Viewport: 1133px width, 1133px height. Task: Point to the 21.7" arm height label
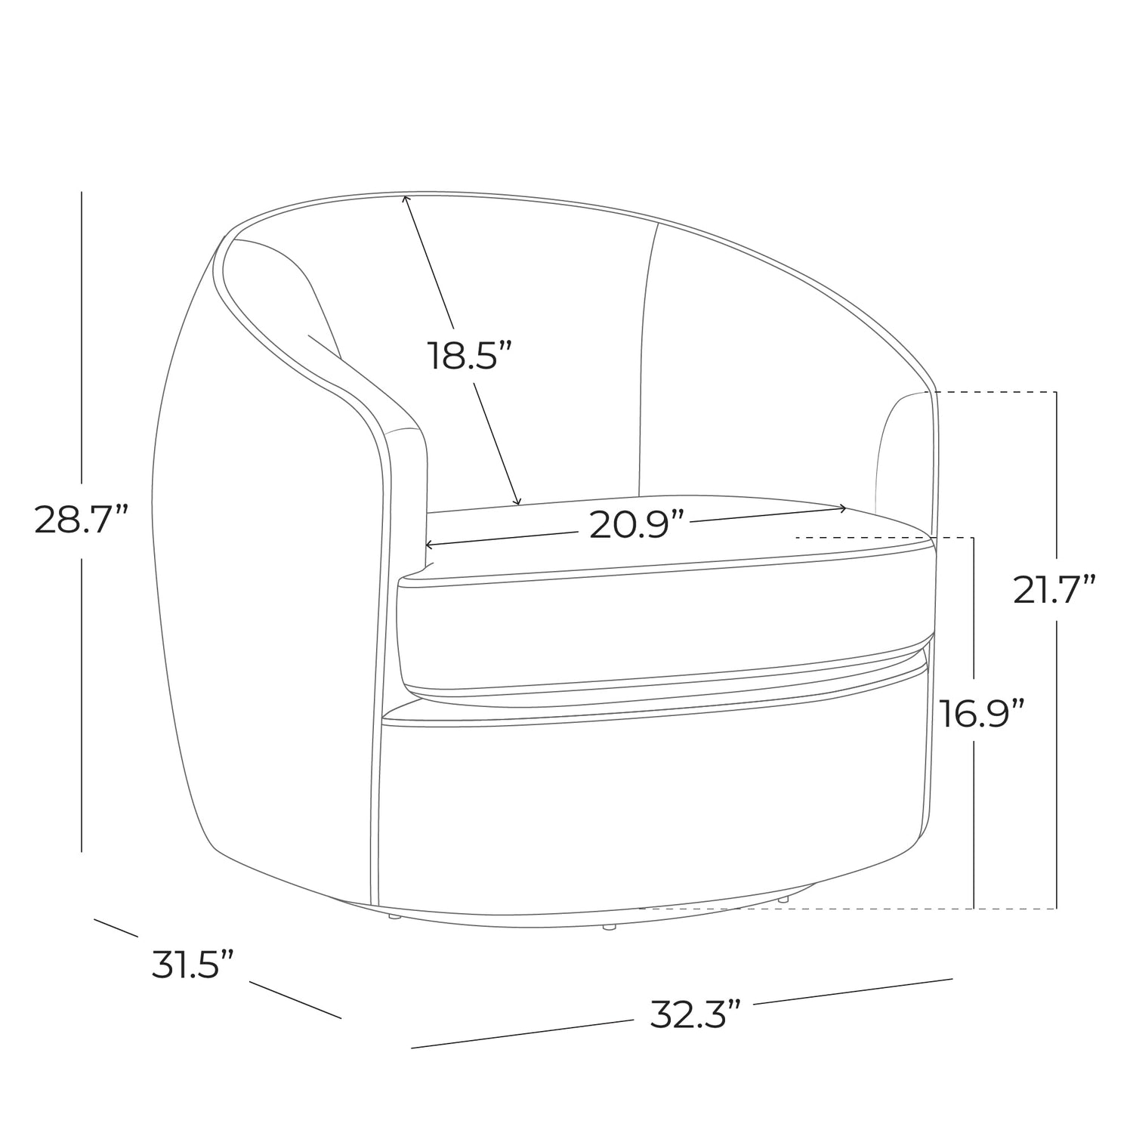1054,589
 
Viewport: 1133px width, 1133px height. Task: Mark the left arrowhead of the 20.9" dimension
431,544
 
